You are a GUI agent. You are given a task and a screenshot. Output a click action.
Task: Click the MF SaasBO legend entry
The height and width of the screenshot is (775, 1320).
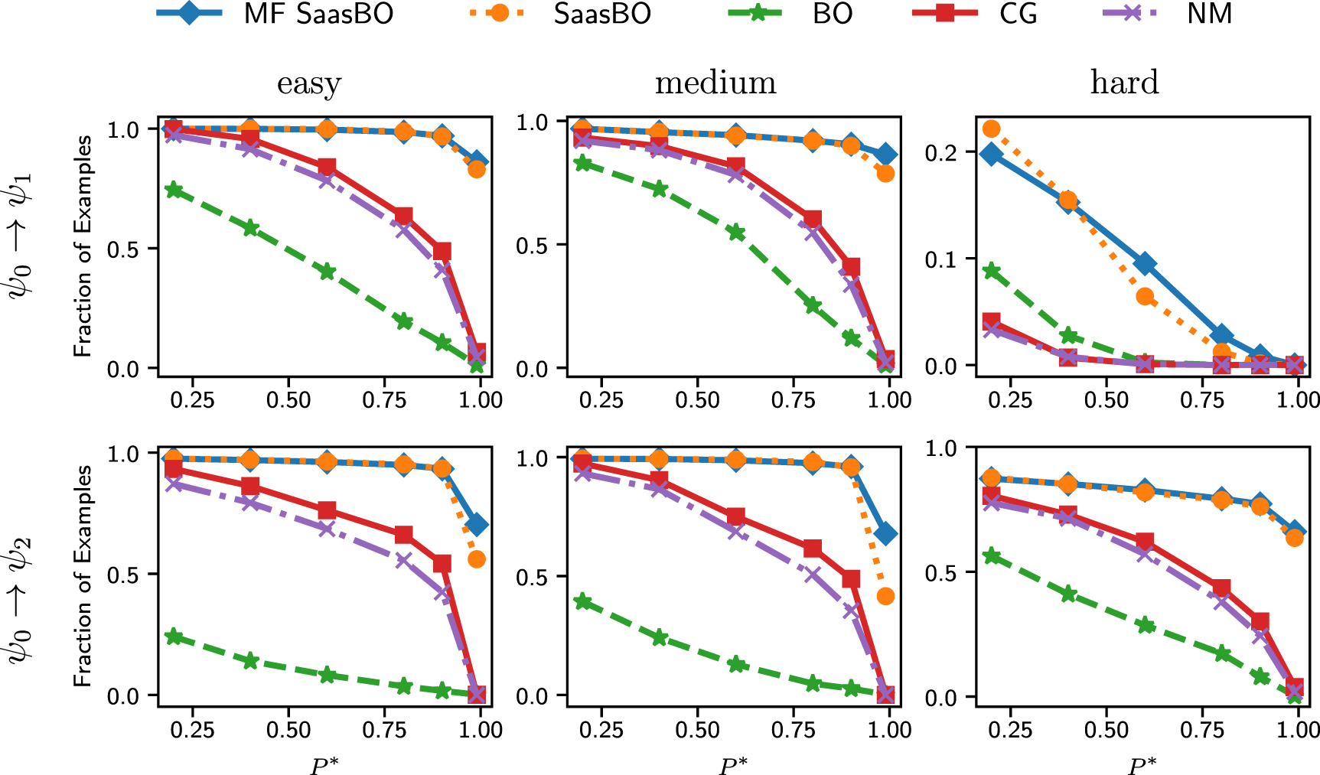275,14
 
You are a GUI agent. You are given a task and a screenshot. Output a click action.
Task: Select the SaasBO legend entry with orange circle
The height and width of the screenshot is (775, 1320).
559,14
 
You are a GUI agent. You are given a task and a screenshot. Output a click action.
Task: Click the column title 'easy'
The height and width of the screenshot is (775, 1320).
308,83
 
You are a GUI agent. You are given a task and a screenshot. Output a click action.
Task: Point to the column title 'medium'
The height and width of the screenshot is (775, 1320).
715,83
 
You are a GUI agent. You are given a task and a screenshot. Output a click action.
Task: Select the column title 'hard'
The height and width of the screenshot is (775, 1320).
1124,83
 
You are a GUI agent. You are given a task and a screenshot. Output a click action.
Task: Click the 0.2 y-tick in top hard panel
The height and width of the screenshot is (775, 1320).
940,153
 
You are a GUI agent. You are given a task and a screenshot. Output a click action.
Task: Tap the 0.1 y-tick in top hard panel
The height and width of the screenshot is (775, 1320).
940,259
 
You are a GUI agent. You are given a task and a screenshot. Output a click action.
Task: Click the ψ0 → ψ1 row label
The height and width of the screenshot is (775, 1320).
21,244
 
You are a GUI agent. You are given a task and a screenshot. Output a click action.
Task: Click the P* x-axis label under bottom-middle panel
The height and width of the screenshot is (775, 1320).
733,764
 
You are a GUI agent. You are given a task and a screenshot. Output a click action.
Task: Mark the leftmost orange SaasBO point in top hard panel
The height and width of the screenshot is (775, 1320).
992,129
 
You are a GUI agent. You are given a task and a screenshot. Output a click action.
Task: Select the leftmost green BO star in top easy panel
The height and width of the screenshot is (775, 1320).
174,190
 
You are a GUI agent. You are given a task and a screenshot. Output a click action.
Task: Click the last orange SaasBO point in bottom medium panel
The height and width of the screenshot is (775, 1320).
885,596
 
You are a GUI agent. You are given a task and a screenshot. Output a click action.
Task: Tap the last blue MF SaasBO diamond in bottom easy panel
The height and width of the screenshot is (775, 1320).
477,525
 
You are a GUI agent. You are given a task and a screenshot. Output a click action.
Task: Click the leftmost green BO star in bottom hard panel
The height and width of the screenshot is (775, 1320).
992,555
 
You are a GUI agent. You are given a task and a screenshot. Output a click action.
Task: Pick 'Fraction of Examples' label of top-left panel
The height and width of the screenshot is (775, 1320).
83,246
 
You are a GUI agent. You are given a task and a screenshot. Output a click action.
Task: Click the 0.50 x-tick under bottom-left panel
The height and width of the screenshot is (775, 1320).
288,729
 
